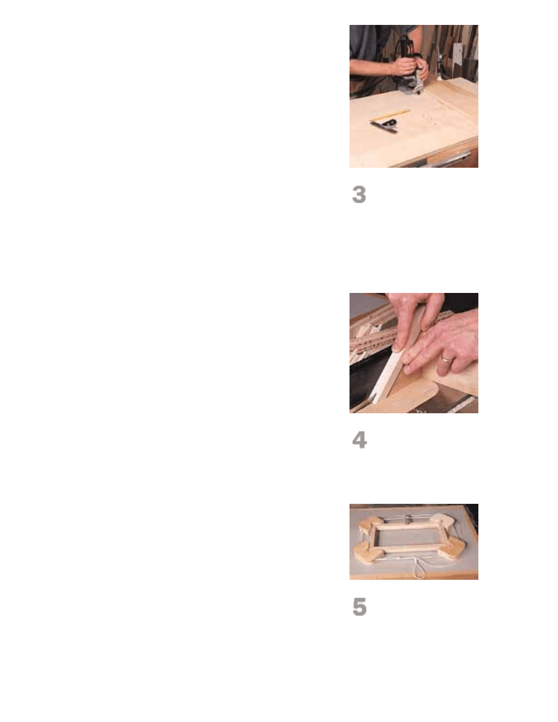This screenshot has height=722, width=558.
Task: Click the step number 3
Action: click(x=359, y=194)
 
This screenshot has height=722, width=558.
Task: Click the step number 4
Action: click(x=360, y=440)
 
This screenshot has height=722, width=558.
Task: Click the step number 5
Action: click(x=360, y=607)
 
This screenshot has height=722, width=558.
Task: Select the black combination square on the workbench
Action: click(x=384, y=126)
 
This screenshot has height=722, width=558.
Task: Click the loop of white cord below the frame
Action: click(x=419, y=571)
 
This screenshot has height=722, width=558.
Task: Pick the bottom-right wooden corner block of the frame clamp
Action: click(x=453, y=548)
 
